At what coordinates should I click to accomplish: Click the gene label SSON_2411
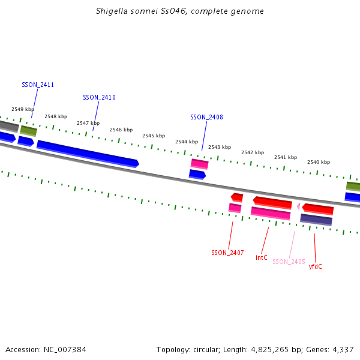point(38,85)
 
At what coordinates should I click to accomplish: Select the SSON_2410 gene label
point(99,97)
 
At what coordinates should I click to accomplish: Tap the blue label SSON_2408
point(206,117)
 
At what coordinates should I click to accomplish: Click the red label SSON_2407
point(227,253)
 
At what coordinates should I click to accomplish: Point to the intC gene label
point(262,257)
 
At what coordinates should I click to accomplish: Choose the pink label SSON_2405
point(289,262)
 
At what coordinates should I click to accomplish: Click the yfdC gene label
point(315,266)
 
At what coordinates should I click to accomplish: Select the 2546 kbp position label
point(121,130)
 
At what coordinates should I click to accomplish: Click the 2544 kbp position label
point(187,142)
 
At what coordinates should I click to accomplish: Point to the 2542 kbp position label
point(253,152)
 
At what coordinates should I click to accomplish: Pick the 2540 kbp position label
point(319,162)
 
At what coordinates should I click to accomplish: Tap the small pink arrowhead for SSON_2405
point(298,206)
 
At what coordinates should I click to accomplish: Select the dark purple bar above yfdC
point(316,220)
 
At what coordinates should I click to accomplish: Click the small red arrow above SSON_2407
point(237,197)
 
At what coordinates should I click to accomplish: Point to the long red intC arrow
point(272,202)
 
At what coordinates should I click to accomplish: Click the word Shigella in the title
point(111,11)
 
